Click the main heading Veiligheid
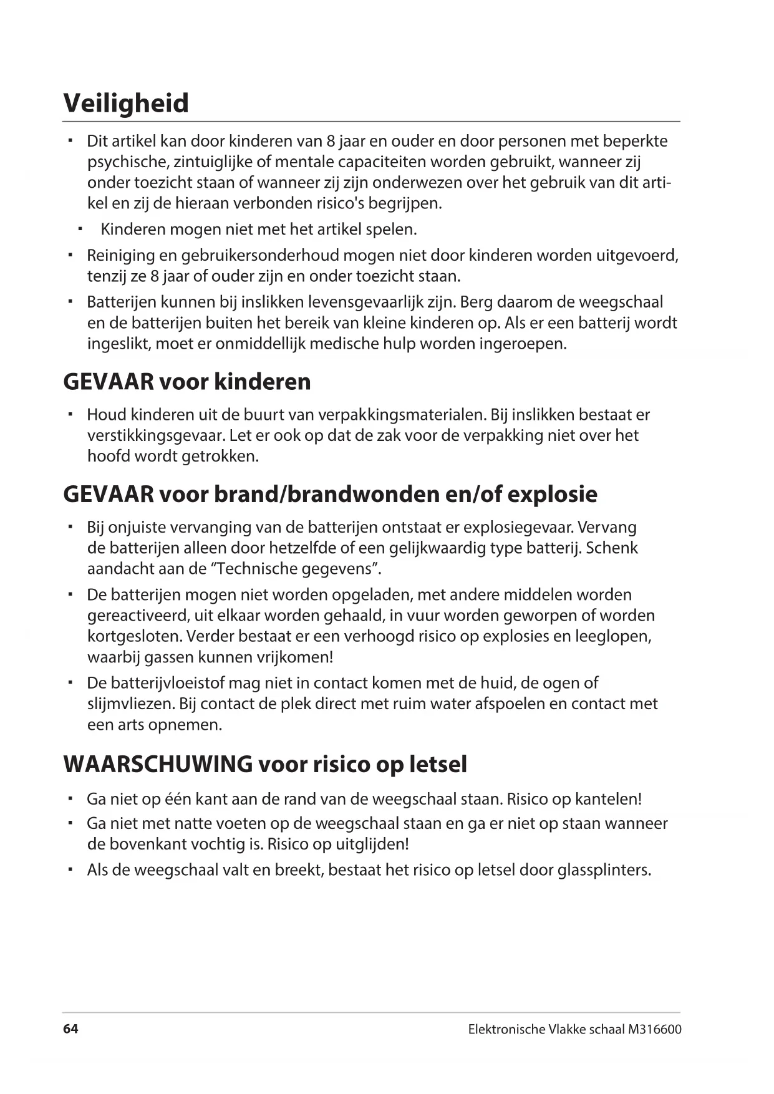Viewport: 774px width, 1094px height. pos(126,103)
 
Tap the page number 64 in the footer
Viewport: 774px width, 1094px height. pos(70,1029)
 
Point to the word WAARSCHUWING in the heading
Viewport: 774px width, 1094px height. pos(158,764)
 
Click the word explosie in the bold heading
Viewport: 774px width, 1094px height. pos(552,494)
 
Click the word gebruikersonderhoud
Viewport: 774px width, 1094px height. pos(259,255)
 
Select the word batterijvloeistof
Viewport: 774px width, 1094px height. pos(172,683)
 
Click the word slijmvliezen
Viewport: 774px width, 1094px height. pos(130,704)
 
